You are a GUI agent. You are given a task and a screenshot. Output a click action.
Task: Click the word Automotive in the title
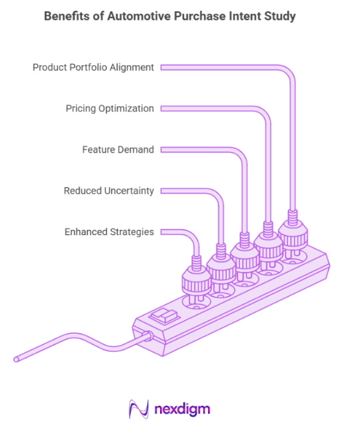[x=139, y=16]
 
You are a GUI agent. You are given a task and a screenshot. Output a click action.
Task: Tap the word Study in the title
[x=280, y=17]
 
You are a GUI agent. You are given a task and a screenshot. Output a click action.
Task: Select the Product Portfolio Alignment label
[x=93, y=67]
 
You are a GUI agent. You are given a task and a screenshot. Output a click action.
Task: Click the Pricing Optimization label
[x=109, y=109]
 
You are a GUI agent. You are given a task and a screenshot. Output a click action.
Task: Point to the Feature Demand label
[x=118, y=149]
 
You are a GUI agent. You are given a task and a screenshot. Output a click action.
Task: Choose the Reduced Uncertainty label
[x=109, y=191]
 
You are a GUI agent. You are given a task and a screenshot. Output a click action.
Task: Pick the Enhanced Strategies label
[x=109, y=232]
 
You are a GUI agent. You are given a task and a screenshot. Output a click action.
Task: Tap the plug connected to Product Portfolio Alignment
[x=293, y=235]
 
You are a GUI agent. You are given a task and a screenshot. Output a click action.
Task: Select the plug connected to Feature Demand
[x=245, y=258]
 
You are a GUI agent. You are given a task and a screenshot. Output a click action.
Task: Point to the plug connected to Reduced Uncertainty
[x=221, y=270]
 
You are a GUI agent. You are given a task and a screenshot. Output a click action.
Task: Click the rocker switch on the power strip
[x=165, y=316]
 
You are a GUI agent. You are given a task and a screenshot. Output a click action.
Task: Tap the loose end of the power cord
[x=16, y=360]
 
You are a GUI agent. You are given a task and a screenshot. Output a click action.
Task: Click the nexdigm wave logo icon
[x=139, y=409]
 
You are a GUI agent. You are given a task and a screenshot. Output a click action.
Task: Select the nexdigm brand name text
[x=182, y=410]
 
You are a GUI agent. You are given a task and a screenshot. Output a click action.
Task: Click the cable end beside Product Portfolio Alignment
[x=162, y=68]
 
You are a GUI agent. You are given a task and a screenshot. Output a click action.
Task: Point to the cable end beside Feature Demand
[x=162, y=150]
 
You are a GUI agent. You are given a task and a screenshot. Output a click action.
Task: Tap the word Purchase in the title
[x=200, y=16]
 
